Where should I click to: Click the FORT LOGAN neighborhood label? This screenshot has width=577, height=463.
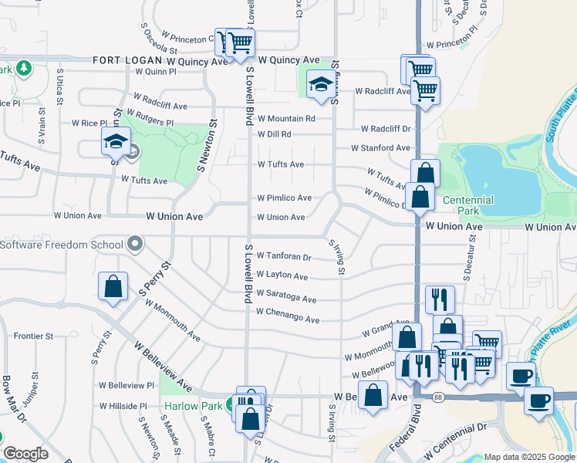[127, 60]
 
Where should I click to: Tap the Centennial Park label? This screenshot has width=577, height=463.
[467, 204]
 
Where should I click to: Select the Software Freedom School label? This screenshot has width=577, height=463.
[62, 245]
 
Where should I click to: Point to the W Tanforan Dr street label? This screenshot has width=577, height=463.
[284, 256]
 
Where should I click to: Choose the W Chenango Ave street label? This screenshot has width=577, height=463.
[288, 319]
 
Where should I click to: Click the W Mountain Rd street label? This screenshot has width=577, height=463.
[286, 119]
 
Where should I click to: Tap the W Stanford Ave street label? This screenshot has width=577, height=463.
[380, 147]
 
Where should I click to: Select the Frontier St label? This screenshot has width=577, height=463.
[34, 336]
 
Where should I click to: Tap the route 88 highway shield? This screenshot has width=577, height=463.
[438, 397]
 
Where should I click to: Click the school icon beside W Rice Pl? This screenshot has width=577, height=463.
[116, 141]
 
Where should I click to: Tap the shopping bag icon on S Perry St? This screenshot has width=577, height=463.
[113, 286]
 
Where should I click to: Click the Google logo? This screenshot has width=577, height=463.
[26, 454]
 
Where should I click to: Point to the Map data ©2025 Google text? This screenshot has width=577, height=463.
[529, 457]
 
